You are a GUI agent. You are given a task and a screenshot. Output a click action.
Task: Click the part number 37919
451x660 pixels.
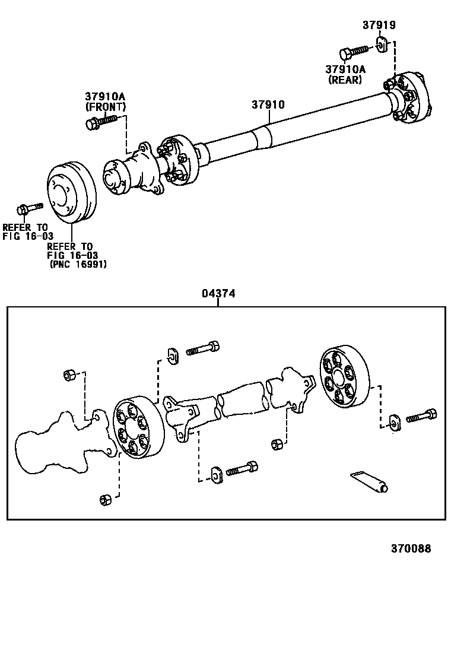click(379, 26)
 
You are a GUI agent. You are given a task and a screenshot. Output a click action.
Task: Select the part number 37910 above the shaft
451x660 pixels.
click(268, 104)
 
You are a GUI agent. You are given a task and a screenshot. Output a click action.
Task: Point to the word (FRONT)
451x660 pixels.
click(106, 107)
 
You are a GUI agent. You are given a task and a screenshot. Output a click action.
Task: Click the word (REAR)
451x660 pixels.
click(345, 80)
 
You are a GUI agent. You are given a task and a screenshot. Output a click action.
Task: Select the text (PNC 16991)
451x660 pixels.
click(78, 265)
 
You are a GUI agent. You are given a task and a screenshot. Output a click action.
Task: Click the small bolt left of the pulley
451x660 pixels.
click(29, 208)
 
